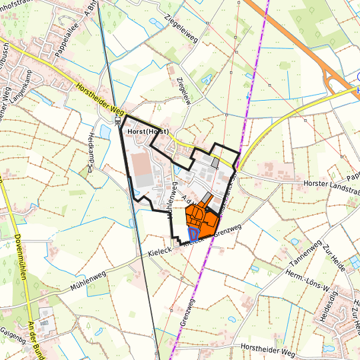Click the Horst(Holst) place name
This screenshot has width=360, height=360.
[147, 133]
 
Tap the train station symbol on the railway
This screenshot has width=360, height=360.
[117, 121]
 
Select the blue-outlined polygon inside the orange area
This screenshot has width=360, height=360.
[193, 233]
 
